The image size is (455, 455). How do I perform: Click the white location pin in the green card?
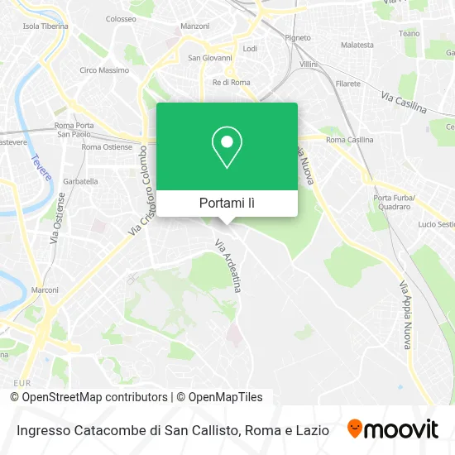(x=227, y=147)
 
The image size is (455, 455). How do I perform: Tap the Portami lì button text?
(x=227, y=203)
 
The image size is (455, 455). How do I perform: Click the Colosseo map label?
(x=121, y=17)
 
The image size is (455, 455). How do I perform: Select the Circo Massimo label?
(x=98, y=70)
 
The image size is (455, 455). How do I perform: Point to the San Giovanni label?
(x=208, y=58)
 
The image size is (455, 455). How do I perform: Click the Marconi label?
(x=45, y=290)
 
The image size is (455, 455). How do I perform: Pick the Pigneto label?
(x=297, y=37)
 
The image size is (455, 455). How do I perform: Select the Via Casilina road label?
(x=405, y=102)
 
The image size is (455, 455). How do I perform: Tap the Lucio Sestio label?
(x=436, y=224)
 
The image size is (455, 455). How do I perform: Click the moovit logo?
(x=392, y=429)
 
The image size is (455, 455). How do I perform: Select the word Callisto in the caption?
(x=215, y=430)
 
